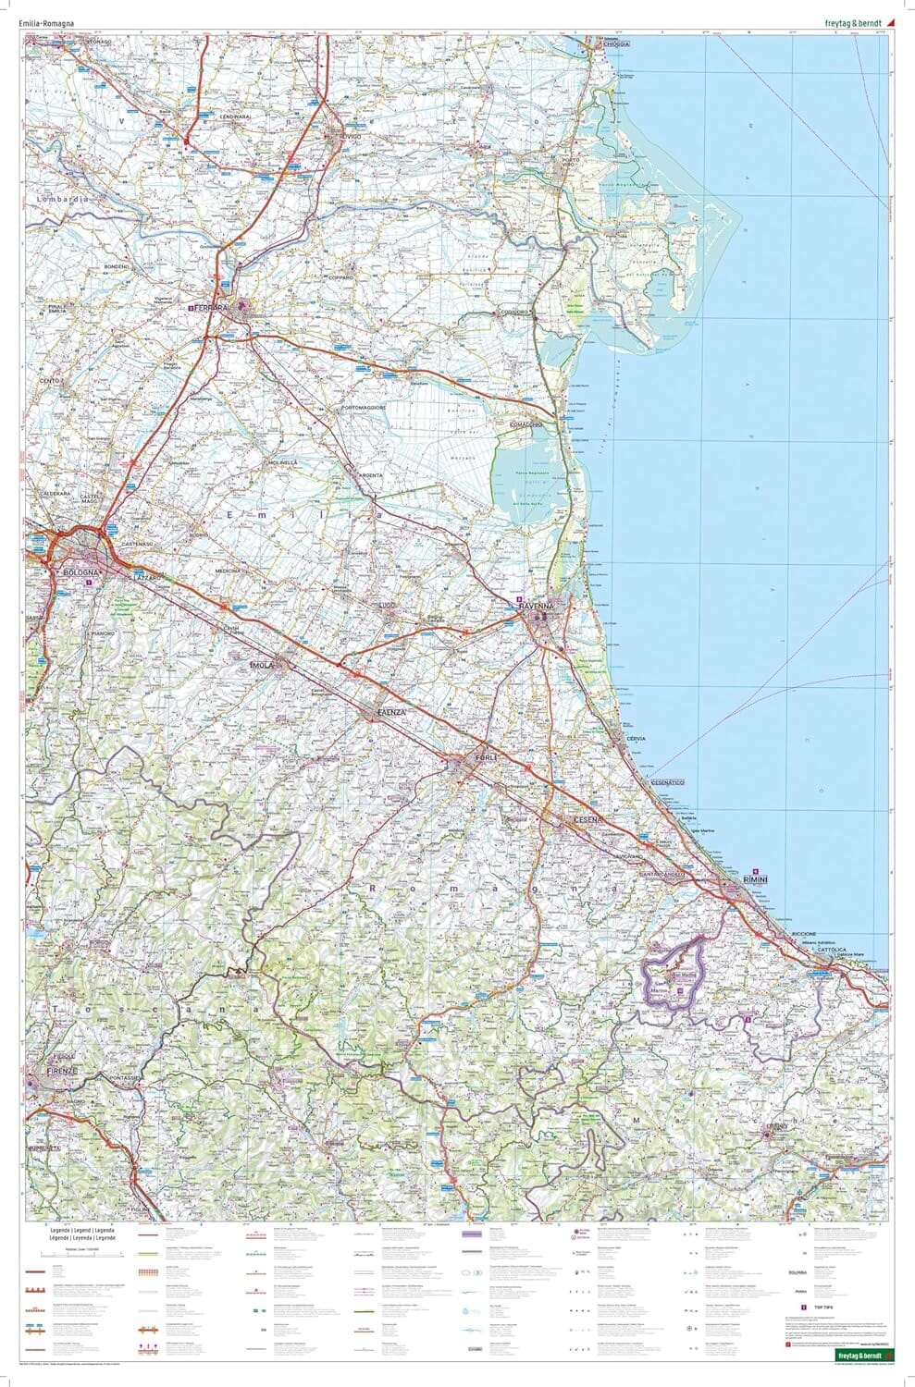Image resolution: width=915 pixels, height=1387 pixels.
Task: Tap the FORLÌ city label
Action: coord(486,758)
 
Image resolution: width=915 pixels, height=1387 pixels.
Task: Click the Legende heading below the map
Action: coord(83,1233)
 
